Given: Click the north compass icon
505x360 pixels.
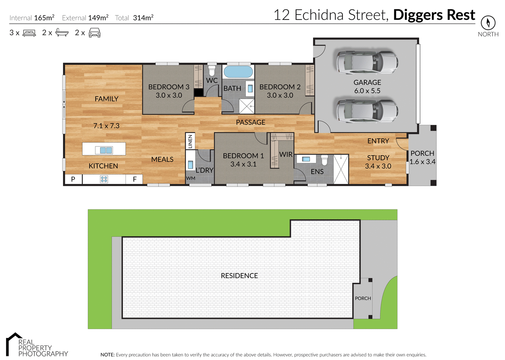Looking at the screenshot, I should (x=488, y=23).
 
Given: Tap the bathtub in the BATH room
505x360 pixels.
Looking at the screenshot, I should (x=238, y=72).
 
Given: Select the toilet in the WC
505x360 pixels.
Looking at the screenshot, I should (x=212, y=71).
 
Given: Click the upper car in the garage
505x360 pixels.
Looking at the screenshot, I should (x=367, y=62).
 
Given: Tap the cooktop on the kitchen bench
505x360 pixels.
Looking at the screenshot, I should (x=104, y=179).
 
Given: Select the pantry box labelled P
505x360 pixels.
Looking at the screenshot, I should (x=73, y=179).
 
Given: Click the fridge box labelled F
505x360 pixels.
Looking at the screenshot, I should (x=135, y=179).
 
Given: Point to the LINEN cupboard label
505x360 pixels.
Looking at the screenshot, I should (x=190, y=141).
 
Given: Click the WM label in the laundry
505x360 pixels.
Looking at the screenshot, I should (x=191, y=178).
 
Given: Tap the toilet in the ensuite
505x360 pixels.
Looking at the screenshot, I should (x=324, y=160).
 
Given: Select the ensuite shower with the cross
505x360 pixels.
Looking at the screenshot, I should (x=341, y=169).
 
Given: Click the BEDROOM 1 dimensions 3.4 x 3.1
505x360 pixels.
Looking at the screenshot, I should (x=243, y=164).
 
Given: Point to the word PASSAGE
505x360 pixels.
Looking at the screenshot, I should (x=250, y=122).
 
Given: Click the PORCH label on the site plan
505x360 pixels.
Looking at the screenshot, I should (x=363, y=298).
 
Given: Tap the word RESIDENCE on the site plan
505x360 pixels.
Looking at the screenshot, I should (x=239, y=276).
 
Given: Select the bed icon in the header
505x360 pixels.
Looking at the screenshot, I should (x=29, y=33).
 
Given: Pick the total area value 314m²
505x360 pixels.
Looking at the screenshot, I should (x=143, y=18).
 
